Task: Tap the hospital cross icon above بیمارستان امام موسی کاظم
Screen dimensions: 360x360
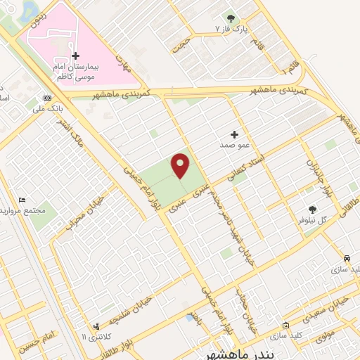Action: point(76,56)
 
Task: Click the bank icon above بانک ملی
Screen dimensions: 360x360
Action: point(47,98)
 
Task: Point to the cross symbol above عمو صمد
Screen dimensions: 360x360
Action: point(235,134)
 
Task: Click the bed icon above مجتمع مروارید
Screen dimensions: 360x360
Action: point(22,200)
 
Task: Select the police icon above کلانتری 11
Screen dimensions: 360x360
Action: point(96,326)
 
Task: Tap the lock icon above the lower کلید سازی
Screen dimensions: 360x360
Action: point(285,326)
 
